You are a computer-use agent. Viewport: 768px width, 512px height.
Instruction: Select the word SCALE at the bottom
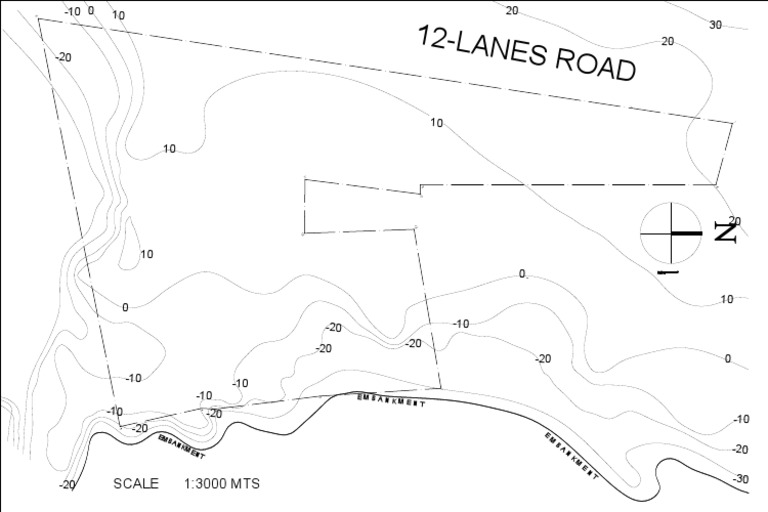coord(136,484)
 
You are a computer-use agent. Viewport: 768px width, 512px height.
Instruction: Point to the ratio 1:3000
coord(205,484)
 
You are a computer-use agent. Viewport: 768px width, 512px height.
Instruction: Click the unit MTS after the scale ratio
coord(245,484)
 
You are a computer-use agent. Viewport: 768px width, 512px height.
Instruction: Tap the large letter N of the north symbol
coord(726,234)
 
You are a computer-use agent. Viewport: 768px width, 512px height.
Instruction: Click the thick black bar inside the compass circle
coord(687,233)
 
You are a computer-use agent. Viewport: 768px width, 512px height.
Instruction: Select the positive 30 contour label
coord(715,25)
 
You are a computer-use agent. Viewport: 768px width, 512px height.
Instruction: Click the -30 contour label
coord(740,479)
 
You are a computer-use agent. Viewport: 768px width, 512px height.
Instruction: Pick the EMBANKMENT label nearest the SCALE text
coord(181,446)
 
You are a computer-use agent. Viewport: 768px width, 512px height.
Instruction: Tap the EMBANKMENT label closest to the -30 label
coord(571,455)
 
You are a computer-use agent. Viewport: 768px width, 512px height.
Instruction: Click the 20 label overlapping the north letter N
coord(735,221)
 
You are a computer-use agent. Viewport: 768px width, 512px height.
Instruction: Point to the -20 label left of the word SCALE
coord(66,485)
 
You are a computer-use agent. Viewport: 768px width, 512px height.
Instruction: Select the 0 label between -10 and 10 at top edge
coord(91,11)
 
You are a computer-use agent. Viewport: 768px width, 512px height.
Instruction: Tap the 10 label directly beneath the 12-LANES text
coord(436,123)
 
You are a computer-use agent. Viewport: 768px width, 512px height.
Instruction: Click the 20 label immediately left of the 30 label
coord(667,41)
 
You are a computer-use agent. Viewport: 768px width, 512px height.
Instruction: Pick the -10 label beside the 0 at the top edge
coord(72,11)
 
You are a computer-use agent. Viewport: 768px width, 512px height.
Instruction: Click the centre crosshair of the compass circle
coord(669,233)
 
